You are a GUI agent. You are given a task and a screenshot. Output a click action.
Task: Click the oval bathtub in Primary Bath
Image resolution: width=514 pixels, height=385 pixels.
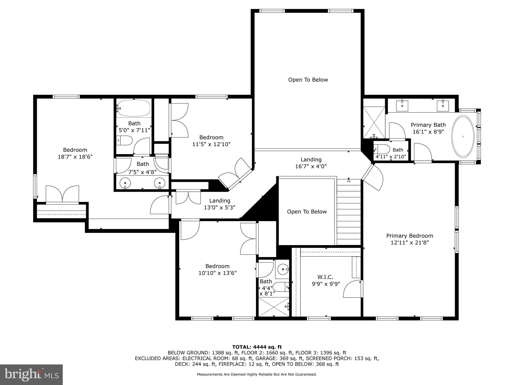463,137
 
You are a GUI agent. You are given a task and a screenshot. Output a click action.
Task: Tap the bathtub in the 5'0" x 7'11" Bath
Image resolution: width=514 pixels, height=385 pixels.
134,108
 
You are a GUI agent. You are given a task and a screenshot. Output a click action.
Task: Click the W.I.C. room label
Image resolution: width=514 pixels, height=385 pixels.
325,277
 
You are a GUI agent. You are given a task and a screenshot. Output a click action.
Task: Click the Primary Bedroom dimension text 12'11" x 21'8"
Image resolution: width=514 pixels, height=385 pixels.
409,242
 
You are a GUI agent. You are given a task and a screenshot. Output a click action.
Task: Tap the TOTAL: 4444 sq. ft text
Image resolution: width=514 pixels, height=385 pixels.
257,347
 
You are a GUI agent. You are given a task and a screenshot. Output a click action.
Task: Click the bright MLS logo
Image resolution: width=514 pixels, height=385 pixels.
31,374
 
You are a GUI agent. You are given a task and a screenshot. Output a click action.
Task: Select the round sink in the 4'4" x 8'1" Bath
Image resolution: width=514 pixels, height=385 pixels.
283,269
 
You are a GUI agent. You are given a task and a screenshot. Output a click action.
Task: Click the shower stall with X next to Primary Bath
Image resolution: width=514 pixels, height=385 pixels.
374,122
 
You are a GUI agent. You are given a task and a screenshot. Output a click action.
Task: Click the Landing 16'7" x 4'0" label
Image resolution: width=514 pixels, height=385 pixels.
311,163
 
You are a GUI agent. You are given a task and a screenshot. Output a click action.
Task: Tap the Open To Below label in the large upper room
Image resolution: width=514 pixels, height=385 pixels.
308,80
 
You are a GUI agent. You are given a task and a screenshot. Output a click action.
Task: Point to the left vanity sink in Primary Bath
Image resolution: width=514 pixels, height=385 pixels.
402,106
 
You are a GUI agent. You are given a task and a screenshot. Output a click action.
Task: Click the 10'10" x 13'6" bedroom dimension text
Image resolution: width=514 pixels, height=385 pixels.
217,273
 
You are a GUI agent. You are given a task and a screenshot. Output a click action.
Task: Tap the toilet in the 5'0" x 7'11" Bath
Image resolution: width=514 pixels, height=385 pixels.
125,140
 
